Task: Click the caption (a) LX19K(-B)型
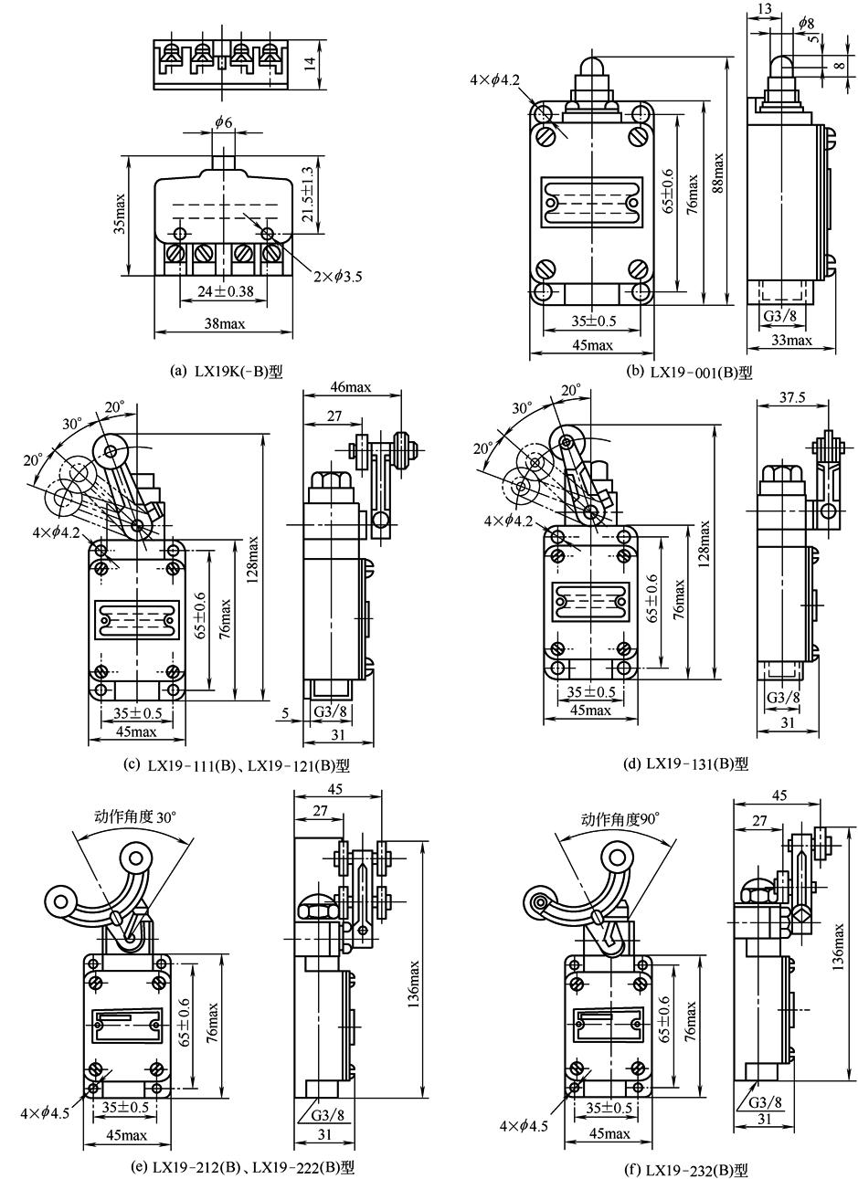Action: click(228, 372)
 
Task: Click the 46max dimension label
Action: click(351, 387)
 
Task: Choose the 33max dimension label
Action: click(791, 341)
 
